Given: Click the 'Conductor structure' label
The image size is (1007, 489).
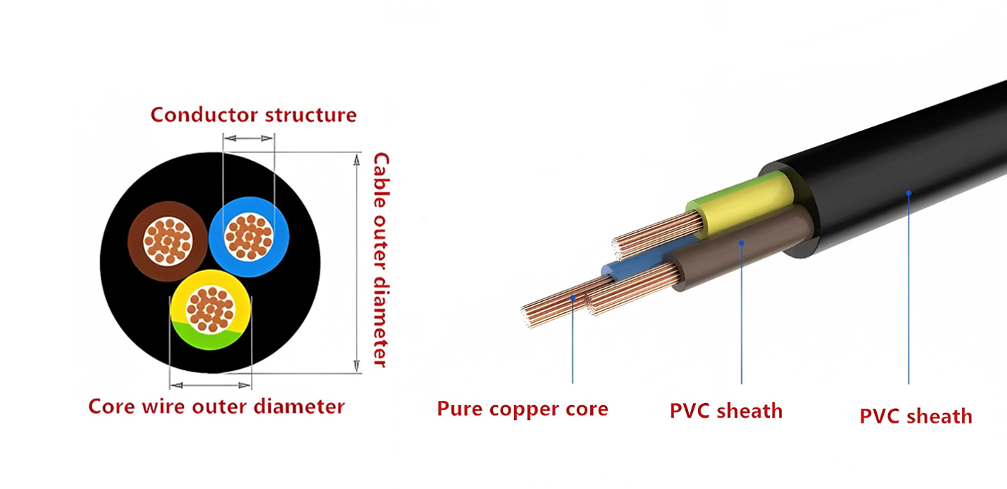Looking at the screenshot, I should [x=253, y=115].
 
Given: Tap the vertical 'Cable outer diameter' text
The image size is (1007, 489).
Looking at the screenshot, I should [x=380, y=260].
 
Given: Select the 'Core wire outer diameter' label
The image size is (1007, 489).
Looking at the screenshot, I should [x=216, y=407].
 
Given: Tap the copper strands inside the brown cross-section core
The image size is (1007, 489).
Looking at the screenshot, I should [x=168, y=241].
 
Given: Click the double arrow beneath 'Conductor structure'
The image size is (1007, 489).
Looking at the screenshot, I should [x=248, y=138].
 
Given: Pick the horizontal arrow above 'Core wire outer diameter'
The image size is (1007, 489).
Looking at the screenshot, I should [x=210, y=384].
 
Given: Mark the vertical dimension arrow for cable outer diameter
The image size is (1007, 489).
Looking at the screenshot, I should [x=357, y=263].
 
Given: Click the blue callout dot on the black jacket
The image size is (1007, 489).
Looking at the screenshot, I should [x=908, y=191].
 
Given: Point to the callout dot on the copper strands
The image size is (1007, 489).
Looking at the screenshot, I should [x=573, y=297].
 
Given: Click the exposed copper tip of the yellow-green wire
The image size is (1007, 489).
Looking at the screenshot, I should [x=654, y=235].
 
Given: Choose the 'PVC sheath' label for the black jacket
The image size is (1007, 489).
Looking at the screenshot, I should [x=915, y=416].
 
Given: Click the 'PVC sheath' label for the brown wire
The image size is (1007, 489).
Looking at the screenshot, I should [x=726, y=411].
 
